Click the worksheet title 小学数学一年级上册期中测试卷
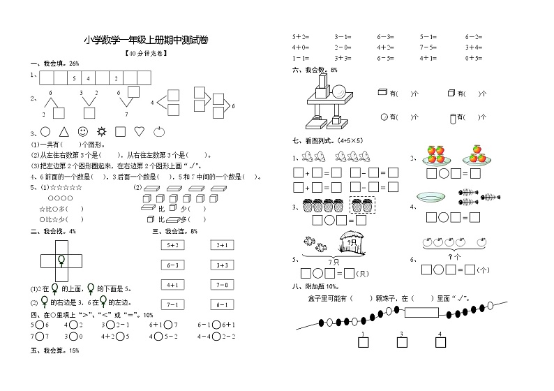point(145,41)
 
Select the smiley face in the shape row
point(82,131)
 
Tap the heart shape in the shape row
point(139,131)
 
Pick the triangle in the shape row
point(63,131)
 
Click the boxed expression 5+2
point(172,245)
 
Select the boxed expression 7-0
point(223,285)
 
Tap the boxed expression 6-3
point(172,265)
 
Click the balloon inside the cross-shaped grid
point(61,260)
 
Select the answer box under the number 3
point(402,343)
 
